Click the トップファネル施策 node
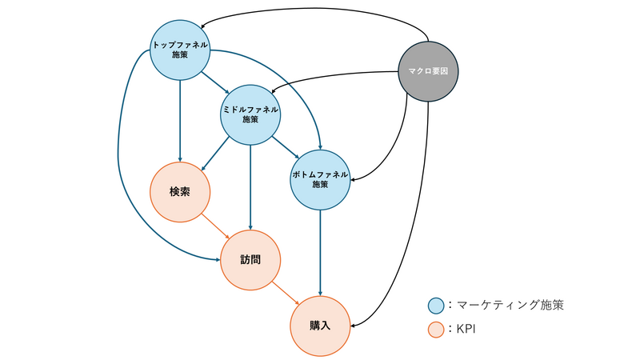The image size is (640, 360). (180, 50)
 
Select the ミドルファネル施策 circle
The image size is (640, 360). (250, 114)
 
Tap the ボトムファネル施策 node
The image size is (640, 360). (320, 179)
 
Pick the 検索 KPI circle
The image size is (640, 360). (180, 192)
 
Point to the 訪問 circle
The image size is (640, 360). (250, 260)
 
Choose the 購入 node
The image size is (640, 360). (320, 326)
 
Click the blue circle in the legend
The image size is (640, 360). (436, 306)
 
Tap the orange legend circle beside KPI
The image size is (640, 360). (436, 329)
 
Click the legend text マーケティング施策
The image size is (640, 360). (513, 305)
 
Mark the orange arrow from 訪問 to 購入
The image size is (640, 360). (286, 293)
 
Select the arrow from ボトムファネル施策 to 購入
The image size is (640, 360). (320, 252)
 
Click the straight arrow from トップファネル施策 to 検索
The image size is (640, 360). (180, 120)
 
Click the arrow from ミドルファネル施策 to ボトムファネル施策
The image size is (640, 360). (285, 146)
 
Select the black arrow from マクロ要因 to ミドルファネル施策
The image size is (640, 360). (336, 76)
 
